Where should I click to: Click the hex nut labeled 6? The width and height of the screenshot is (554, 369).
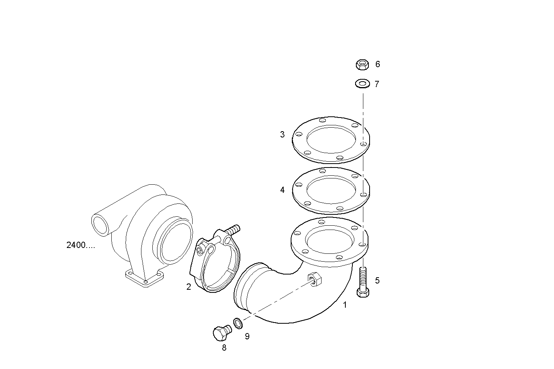[x=363, y=64]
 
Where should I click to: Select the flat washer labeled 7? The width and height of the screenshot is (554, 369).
[x=363, y=84]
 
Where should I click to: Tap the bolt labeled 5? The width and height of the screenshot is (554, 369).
[x=363, y=281]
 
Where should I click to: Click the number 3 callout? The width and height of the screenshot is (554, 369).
[x=282, y=135]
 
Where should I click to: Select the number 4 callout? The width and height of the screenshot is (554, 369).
[x=282, y=190]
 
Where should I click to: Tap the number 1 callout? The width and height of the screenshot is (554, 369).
[x=345, y=305]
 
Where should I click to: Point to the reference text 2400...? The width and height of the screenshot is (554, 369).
[x=80, y=246]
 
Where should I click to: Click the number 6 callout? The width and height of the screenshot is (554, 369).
[x=377, y=64]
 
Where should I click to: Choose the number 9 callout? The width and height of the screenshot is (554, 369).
[x=247, y=336]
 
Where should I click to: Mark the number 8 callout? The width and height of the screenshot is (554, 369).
[x=224, y=348]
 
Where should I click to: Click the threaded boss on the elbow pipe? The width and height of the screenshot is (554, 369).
[x=315, y=279]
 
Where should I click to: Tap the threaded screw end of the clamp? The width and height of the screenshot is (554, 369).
[x=233, y=230]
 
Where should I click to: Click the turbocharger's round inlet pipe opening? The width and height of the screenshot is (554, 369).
[x=100, y=224]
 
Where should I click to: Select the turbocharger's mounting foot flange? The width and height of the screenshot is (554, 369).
[x=145, y=278]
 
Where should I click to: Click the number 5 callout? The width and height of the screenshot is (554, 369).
[x=377, y=280]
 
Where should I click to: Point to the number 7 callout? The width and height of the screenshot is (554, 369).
[x=377, y=84]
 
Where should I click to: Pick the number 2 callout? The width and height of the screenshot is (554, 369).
[x=189, y=287]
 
